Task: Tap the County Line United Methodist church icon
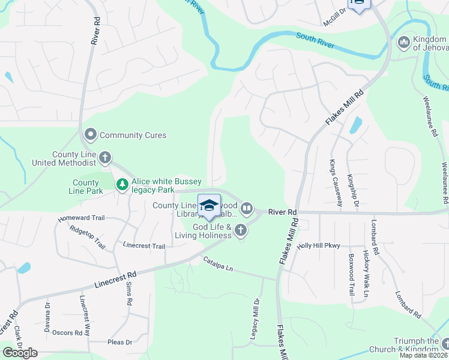click(105, 158)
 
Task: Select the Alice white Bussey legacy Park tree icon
click(122, 184)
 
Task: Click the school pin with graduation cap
click(209, 206)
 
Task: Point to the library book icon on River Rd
click(247, 209)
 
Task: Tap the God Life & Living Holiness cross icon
click(241, 230)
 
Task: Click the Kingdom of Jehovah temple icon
click(403, 42)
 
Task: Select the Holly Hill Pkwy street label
click(323, 245)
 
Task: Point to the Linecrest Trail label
click(143, 246)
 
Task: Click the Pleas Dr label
click(119, 342)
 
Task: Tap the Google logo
click(20, 352)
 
